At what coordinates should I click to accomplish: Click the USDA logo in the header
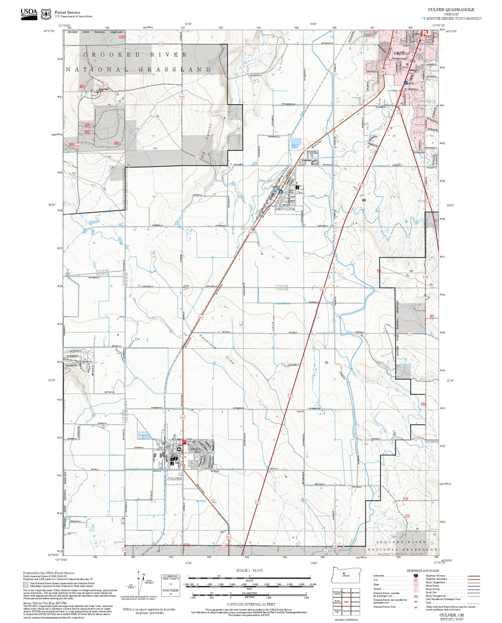pyautogui.click(x=29, y=14)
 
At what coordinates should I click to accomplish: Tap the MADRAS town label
pyautogui.click(x=402, y=53)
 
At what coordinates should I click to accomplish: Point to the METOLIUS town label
pyautogui.click(x=285, y=209)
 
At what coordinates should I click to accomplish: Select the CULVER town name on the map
pyautogui.click(x=174, y=479)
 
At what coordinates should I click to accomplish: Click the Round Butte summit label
pyautogui.click(x=104, y=89)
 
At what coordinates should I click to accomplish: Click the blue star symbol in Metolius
pyautogui.click(x=281, y=191)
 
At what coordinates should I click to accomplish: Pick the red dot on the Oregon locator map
pyautogui.click(x=344, y=573)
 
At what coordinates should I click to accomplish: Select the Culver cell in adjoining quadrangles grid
pyautogui.click(x=346, y=602)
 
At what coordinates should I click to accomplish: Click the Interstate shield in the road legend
pyautogui.click(x=415, y=576)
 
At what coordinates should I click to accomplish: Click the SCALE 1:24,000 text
pyautogui.click(x=249, y=570)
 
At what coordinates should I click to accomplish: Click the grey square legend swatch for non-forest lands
pyautogui.click(x=26, y=585)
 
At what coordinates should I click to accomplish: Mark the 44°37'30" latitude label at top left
pyautogui.click(x=49, y=31)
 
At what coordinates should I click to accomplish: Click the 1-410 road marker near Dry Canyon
pyautogui.click(x=182, y=97)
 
